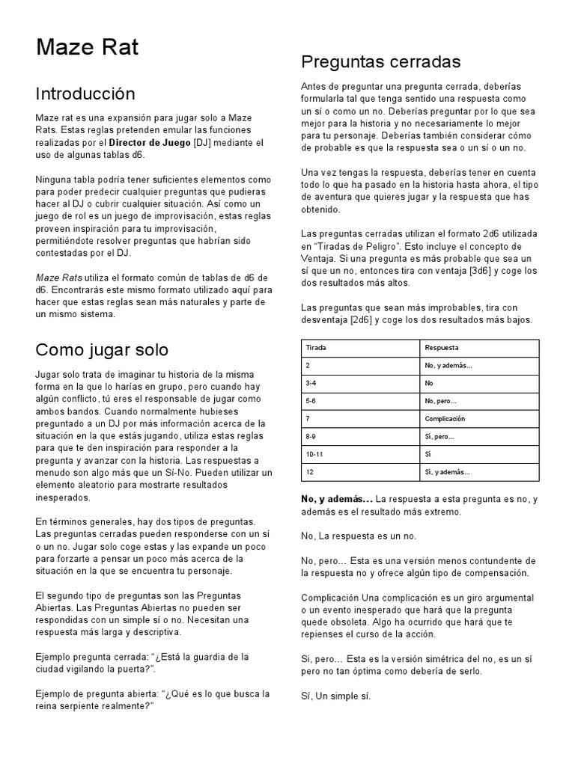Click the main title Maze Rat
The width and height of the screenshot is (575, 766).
[x=87, y=49]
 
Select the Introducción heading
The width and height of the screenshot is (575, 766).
[x=85, y=94]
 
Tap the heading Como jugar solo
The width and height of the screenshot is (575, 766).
[x=102, y=350]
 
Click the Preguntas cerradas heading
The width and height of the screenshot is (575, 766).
[x=380, y=61]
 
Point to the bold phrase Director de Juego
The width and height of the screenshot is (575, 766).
[x=150, y=143]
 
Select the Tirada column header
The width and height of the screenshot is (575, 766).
[x=316, y=348]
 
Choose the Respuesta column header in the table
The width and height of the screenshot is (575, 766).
[x=441, y=348]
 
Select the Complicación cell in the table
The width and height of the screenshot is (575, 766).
[x=445, y=419]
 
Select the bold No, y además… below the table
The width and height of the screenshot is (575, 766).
[x=336, y=499]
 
